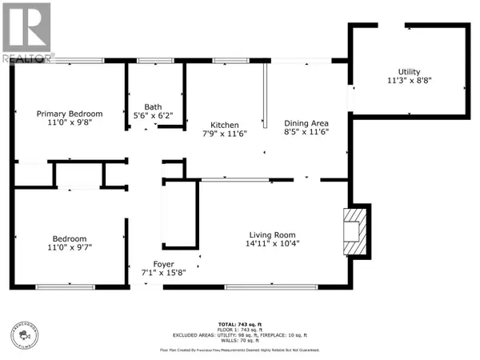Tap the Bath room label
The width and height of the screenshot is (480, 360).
[153, 106]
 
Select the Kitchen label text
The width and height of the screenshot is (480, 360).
[224, 125]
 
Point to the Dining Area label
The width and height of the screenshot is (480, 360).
[307, 122]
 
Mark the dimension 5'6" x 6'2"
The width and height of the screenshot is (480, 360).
[153, 115]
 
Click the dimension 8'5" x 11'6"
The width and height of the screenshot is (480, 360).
[307, 132]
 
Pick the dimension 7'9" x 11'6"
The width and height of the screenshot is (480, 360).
[224, 134]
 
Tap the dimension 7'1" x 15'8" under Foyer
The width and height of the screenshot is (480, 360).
[164, 273]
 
